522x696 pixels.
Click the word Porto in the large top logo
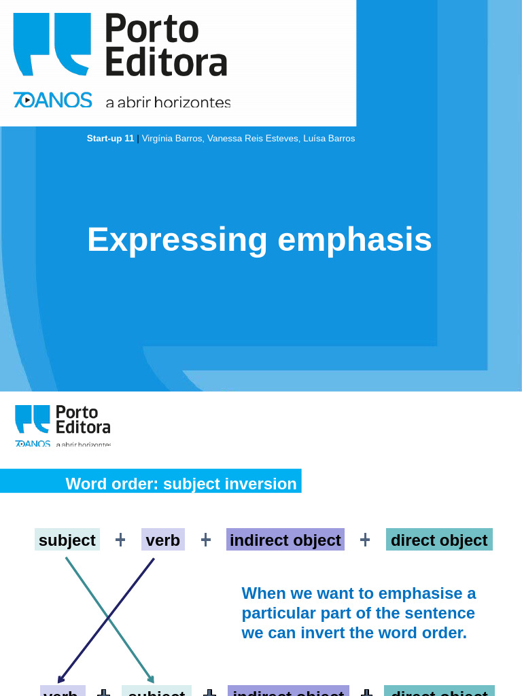pyautogui.click(x=152, y=30)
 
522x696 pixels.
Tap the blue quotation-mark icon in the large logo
pyautogui.click(x=52, y=45)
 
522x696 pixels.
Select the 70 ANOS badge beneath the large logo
pyautogui.click(x=53, y=101)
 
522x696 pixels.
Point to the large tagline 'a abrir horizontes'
pyautogui.click(x=168, y=103)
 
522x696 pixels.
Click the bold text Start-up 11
pyautogui.click(x=110, y=139)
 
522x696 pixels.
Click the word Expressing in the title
pyautogui.click(x=177, y=240)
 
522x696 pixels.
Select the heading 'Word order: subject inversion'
pyautogui.click(x=181, y=484)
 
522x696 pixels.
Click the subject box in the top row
pyautogui.click(x=67, y=540)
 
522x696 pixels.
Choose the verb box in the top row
pyautogui.click(x=163, y=540)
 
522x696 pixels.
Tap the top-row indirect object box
pyautogui.click(x=285, y=540)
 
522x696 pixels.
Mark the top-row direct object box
pyautogui.click(x=438, y=540)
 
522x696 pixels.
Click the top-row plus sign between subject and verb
pyautogui.click(x=120, y=540)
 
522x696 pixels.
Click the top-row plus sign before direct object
pyautogui.click(x=365, y=540)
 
